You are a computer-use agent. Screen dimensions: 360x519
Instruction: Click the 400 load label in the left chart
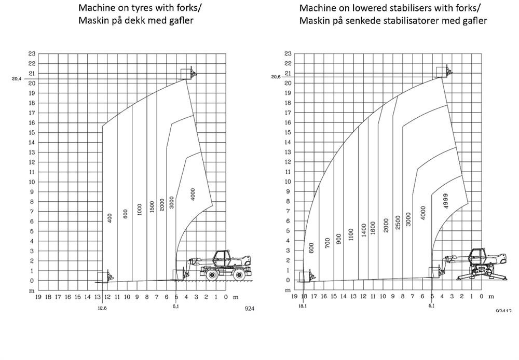[110, 218]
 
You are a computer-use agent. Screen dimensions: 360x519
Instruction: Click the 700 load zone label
[327, 243]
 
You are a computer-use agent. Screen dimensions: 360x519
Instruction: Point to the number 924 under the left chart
[250, 308]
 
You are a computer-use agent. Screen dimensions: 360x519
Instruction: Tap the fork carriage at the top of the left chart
[188, 73]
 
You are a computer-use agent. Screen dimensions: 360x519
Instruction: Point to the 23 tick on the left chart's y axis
[32, 54]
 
